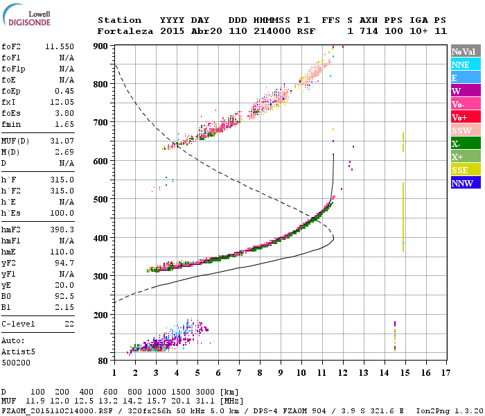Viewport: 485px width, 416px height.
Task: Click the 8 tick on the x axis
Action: [x=261, y=372]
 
